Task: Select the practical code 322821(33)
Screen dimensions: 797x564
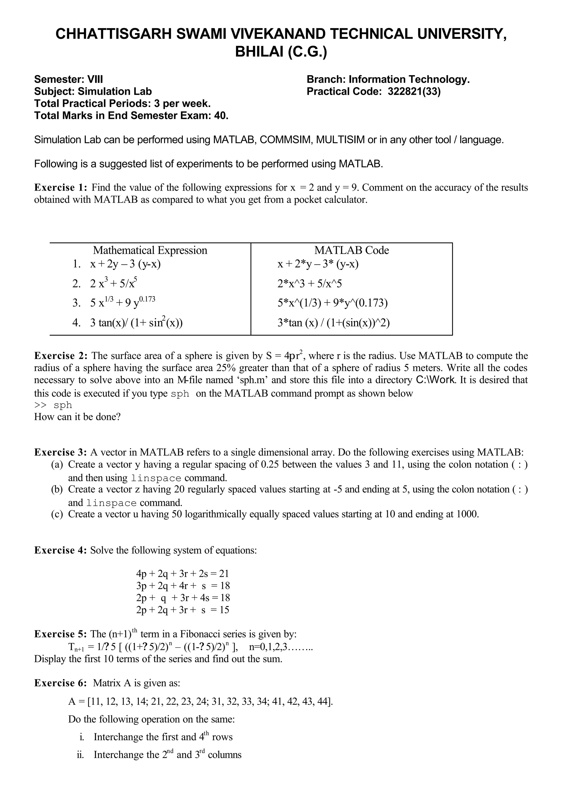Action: (x=414, y=92)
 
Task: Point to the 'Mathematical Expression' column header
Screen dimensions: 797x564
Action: (x=150, y=250)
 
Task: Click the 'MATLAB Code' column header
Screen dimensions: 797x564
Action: (x=351, y=250)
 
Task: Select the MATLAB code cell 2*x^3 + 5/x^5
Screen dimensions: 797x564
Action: (x=310, y=284)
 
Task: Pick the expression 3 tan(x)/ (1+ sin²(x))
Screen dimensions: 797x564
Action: (x=136, y=323)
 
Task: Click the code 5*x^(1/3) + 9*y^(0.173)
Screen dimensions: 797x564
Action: (x=332, y=303)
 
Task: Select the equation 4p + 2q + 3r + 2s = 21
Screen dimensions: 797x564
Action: (x=183, y=574)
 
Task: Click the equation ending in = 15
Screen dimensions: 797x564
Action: (x=183, y=610)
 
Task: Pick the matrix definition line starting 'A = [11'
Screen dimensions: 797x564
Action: (x=200, y=702)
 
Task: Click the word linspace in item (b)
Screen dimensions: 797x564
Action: (x=111, y=503)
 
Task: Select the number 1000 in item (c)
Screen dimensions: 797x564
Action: (x=467, y=514)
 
